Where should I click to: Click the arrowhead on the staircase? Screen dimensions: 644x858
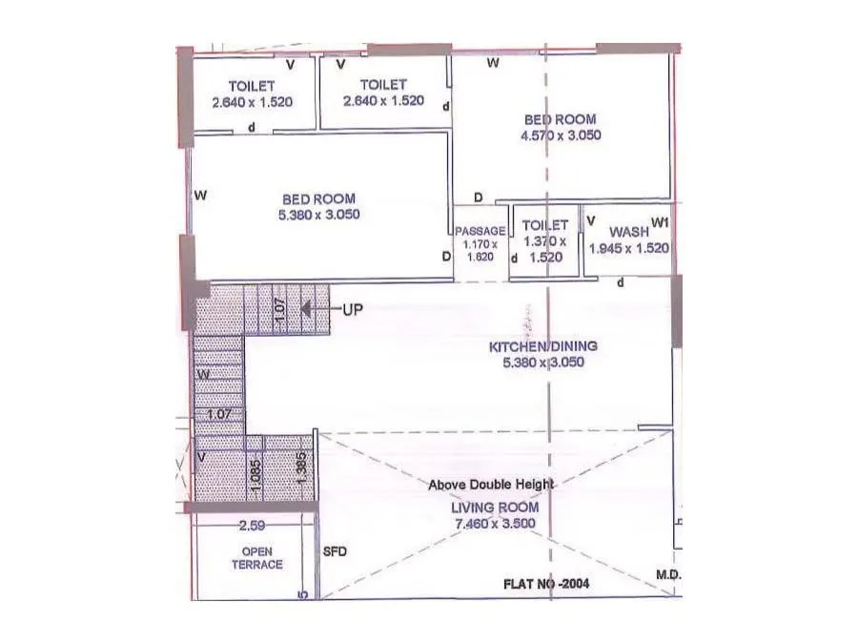[307, 309]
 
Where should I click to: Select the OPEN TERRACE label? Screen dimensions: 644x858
[257, 558]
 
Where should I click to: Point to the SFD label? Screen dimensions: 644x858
[334, 551]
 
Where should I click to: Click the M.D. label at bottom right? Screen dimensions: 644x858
[667, 575]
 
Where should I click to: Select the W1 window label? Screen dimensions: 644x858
[661, 223]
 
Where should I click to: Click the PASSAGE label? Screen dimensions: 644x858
[480, 232]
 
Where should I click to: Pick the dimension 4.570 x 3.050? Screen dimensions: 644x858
[561, 135]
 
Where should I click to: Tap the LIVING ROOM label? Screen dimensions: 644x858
[495, 508]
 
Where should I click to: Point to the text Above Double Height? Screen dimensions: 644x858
[491, 485]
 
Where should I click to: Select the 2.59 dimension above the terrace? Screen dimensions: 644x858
[252, 525]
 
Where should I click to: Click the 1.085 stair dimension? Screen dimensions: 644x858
[255, 476]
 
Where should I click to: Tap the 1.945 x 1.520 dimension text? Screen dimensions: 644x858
[629, 248]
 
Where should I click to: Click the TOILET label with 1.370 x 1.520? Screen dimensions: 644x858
[544, 225]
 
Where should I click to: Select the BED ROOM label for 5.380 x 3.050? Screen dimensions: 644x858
[318, 198]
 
